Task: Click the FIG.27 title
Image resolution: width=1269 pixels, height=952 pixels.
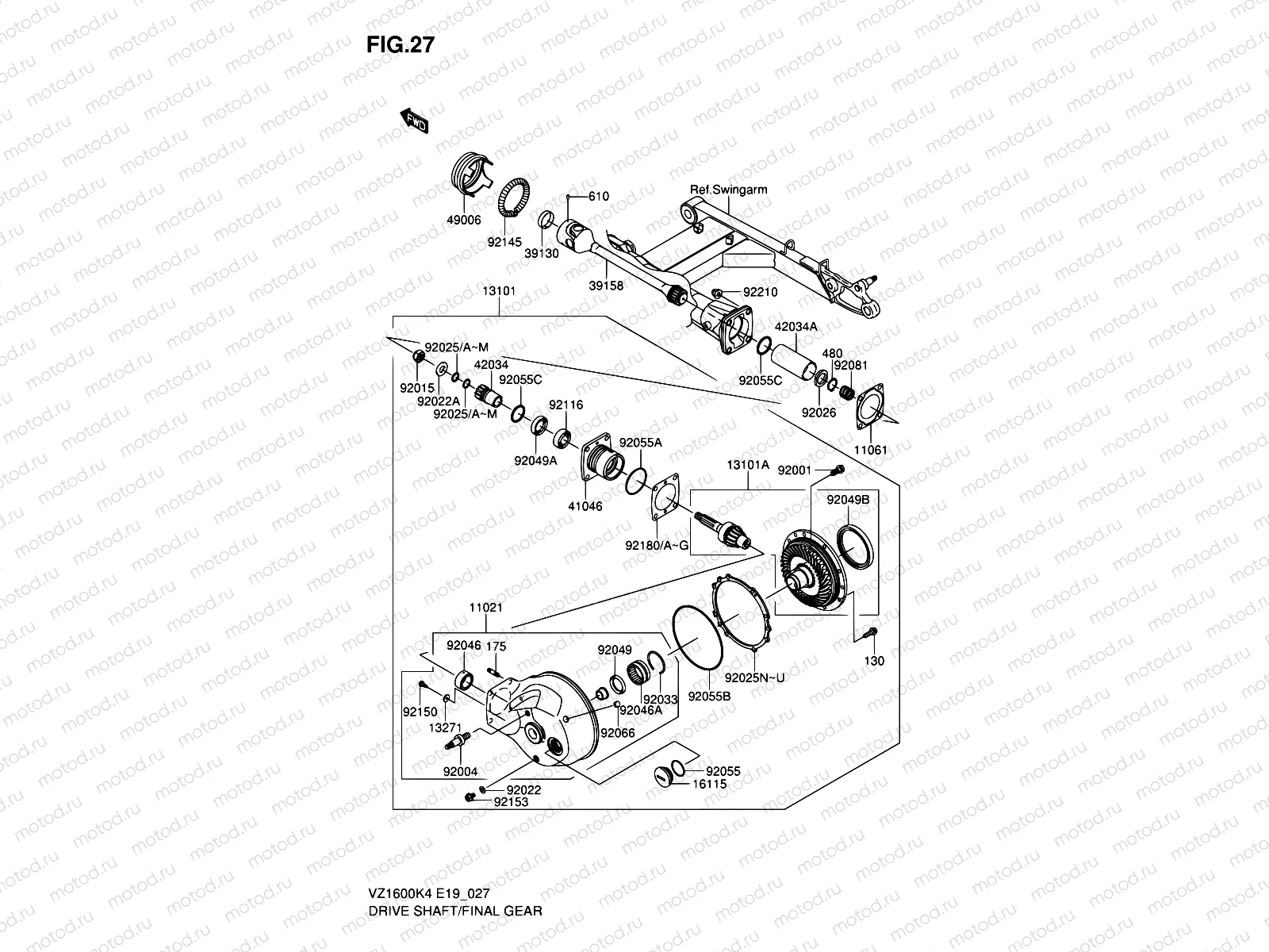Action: (x=400, y=45)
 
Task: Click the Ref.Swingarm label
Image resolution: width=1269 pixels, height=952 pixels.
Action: (x=728, y=190)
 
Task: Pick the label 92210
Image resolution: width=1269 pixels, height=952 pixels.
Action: (x=760, y=292)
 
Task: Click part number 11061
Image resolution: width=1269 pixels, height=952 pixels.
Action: (x=871, y=450)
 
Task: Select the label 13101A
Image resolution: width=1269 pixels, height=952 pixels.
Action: (x=748, y=465)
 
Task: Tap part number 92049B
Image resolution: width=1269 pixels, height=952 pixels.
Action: (x=848, y=501)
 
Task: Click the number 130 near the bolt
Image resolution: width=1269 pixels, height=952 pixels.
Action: (x=873, y=661)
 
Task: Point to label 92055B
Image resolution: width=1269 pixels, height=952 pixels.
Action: (x=709, y=696)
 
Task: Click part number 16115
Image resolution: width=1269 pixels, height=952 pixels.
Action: (x=709, y=784)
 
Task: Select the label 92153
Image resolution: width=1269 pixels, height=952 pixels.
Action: (x=511, y=802)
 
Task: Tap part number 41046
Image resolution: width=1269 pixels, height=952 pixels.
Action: (x=585, y=505)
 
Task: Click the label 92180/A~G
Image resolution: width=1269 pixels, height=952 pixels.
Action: (x=657, y=545)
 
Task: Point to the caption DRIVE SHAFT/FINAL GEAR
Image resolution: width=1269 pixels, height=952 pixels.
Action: (x=454, y=866)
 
